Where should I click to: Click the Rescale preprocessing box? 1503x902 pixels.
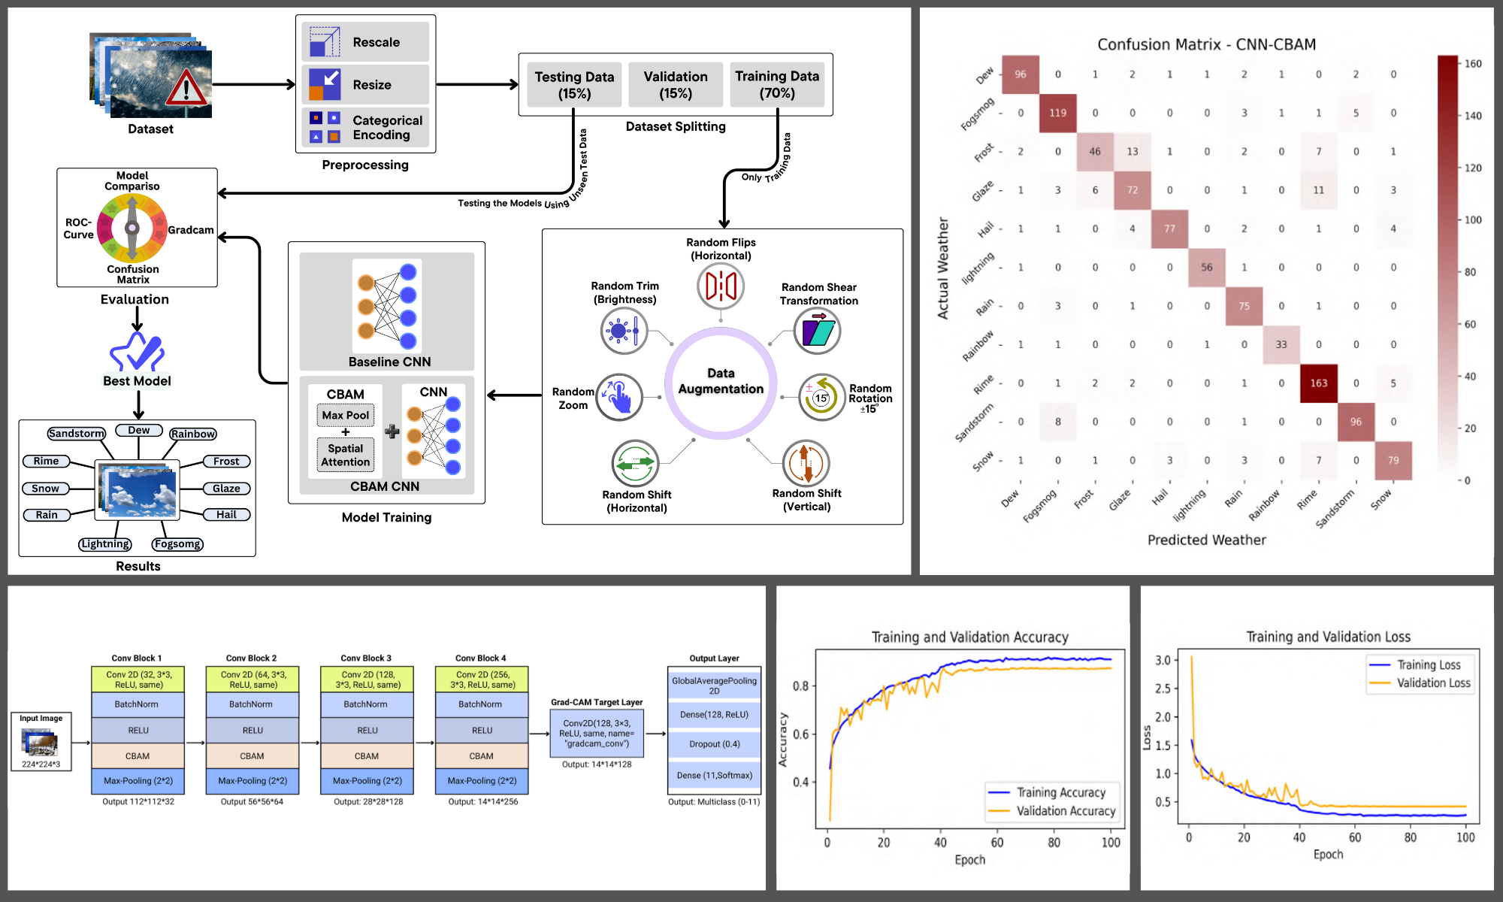coord(365,42)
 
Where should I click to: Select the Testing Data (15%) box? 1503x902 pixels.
coord(574,85)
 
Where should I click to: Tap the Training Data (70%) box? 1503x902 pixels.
coord(777,84)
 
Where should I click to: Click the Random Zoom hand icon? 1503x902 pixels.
coord(619,397)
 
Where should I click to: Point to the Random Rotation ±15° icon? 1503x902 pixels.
coord(821,398)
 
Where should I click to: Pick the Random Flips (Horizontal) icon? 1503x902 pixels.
coord(721,286)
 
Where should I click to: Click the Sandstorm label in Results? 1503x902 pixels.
coord(77,434)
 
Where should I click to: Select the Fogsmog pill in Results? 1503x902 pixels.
coord(177,544)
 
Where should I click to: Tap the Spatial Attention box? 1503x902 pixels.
coord(346,455)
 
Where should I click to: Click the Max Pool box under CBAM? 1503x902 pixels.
coord(346,415)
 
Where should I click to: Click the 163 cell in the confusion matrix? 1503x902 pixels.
coord(1319,383)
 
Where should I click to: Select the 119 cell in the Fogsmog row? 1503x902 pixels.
coord(1057,113)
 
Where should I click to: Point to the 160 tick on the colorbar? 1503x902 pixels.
coord(1472,64)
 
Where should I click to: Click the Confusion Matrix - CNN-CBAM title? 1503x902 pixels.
coord(1206,44)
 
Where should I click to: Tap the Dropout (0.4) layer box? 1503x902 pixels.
coord(715,744)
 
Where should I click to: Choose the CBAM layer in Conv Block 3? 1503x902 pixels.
coord(367,756)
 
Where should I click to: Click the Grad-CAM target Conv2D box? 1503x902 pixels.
coord(597,734)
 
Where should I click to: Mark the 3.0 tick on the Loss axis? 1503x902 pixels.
coord(1163,661)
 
